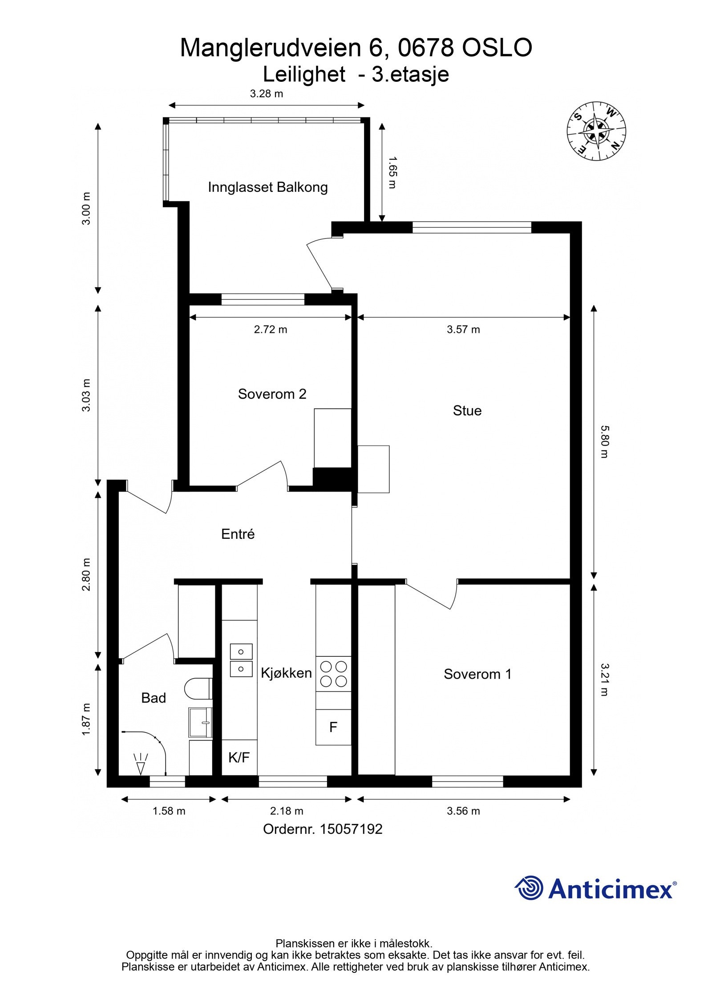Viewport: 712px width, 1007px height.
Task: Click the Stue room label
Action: [x=467, y=410]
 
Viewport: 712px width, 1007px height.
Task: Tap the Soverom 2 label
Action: [x=272, y=394]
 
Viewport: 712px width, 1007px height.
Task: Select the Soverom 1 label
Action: [x=477, y=674]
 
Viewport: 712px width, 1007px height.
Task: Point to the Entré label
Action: [x=238, y=534]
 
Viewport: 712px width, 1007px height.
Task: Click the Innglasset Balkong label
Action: [x=267, y=187]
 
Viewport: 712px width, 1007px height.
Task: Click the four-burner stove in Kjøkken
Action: [x=333, y=674]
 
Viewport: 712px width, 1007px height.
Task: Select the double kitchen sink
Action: [x=241, y=660]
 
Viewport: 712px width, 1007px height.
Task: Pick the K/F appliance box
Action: [x=239, y=757]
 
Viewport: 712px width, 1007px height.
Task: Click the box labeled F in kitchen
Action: [x=333, y=727]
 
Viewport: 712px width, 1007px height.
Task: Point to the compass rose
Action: [x=596, y=131]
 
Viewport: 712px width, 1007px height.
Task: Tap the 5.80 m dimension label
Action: [x=604, y=441]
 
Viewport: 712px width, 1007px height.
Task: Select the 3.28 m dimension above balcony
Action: [x=266, y=94]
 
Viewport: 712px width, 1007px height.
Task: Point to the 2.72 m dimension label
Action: [x=271, y=330]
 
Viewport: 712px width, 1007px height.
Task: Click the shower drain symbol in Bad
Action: [x=141, y=764]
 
